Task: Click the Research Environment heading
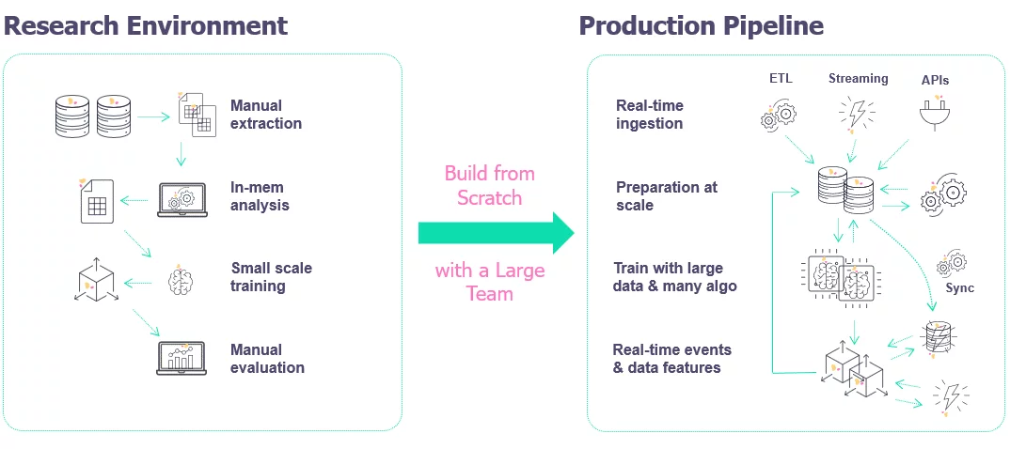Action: pyautogui.click(x=146, y=25)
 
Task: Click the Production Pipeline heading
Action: pyautogui.click(x=701, y=25)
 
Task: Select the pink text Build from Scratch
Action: pyautogui.click(x=489, y=185)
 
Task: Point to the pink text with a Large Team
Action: pyautogui.click(x=489, y=282)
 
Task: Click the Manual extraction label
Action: pyautogui.click(x=266, y=115)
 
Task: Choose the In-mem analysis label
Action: pyautogui.click(x=260, y=195)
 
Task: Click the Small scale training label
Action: pyautogui.click(x=271, y=276)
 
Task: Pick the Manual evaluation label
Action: pyautogui.click(x=267, y=359)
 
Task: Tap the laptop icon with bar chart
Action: pyautogui.click(x=181, y=358)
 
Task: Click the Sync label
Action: pyautogui.click(x=959, y=288)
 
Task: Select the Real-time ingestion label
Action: pyautogui.click(x=649, y=115)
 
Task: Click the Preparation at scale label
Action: pyautogui.click(x=666, y=195)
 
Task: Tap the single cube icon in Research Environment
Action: pyautogui.click(x=94, y=280)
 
